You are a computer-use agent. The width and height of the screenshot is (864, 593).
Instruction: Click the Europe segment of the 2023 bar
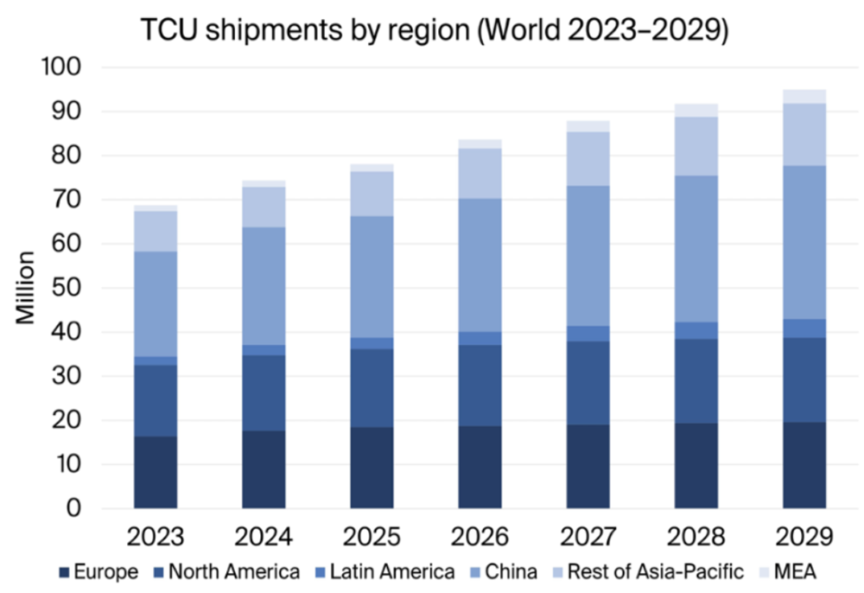156,472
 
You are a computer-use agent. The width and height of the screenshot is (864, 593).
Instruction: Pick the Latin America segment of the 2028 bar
696,330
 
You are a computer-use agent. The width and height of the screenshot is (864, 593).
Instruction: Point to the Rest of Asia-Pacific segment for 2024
264,207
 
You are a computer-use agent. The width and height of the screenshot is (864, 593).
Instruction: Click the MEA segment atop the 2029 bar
804,96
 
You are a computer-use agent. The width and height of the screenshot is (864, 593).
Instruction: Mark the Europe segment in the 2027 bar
588,466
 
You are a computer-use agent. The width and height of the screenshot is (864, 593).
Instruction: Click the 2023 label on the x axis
156,537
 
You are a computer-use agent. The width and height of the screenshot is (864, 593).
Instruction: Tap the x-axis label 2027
588,537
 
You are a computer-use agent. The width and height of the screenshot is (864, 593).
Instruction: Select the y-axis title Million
27,288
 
